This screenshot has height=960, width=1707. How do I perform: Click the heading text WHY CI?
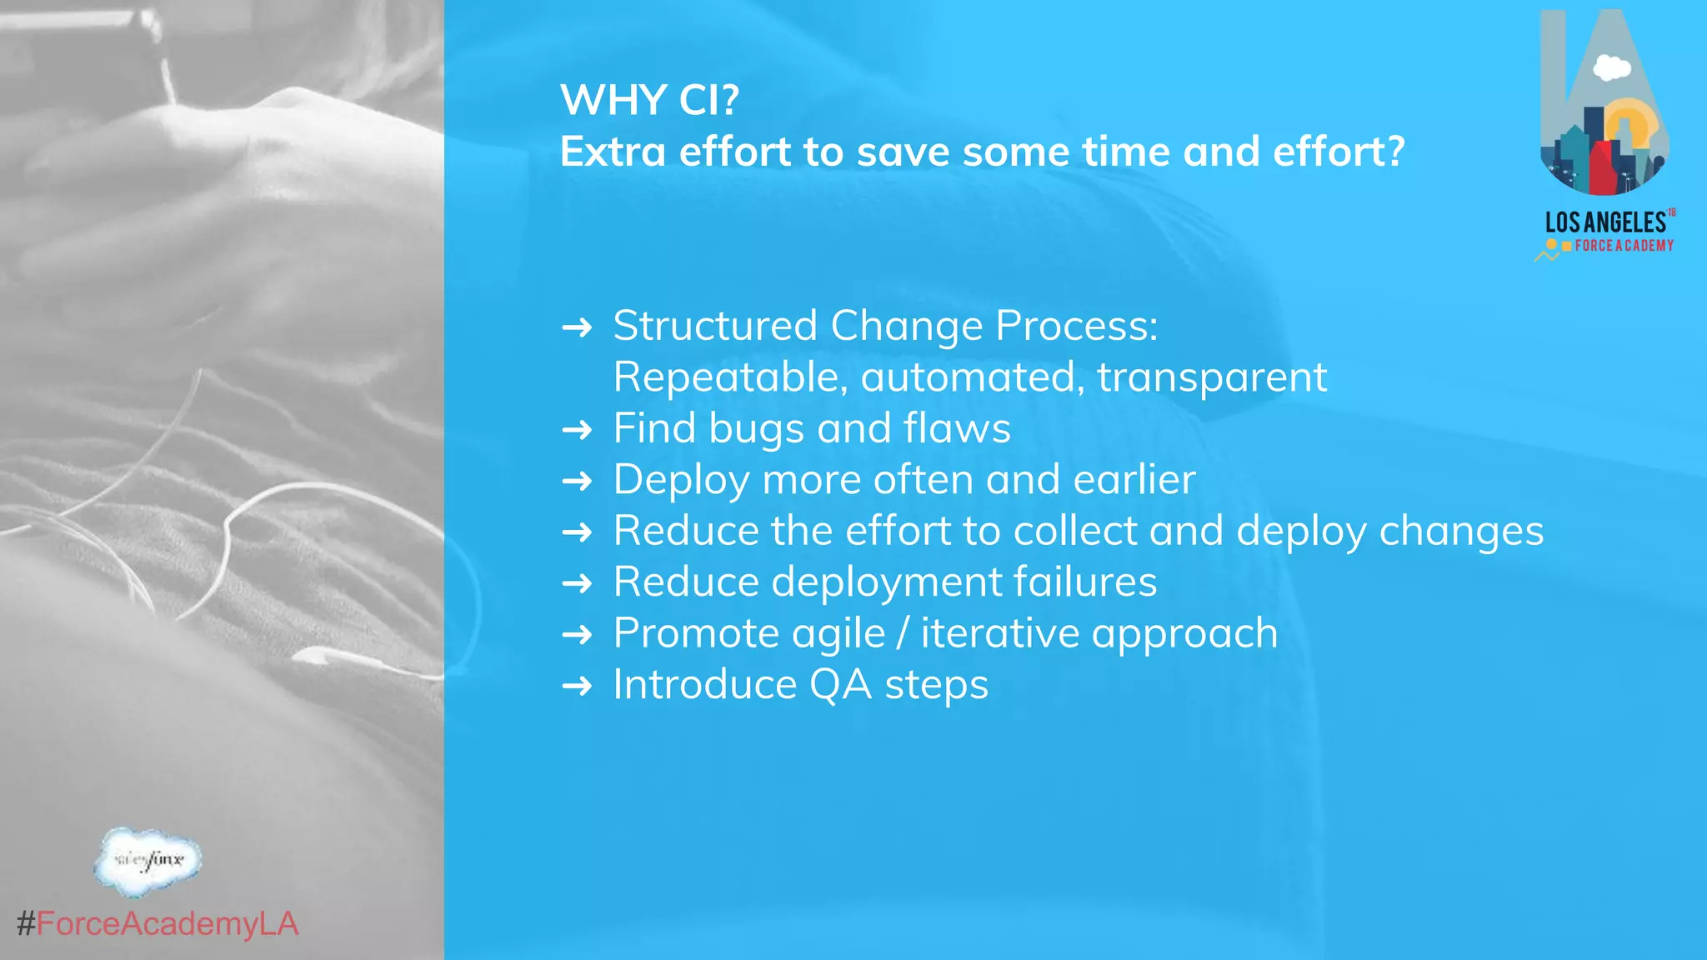click(x=649, y=100)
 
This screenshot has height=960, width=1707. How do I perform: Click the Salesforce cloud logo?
click(x=148, y=861)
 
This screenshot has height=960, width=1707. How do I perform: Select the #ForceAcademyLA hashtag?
click(x=158, y=924)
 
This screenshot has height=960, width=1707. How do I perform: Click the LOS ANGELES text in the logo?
click(x=1605, y=222)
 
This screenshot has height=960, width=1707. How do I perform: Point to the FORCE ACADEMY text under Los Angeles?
click(x=1624, y=246)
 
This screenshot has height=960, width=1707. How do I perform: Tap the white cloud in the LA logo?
click(x=1612, y=67)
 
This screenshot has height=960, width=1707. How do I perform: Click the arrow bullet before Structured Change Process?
click(x=577, y=327)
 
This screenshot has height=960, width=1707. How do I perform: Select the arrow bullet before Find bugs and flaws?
click(x=577, y=430)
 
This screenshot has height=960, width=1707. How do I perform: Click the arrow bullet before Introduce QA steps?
click(x=577, y=687)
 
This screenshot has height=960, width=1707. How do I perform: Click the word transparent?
click(x=1211, y=377)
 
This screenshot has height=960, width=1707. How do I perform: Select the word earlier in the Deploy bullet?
click(x=1134, y=480)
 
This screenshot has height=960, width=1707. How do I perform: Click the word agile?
click(x=838, y=634)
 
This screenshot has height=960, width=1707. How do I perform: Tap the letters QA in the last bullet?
click(x=840, y=685)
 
